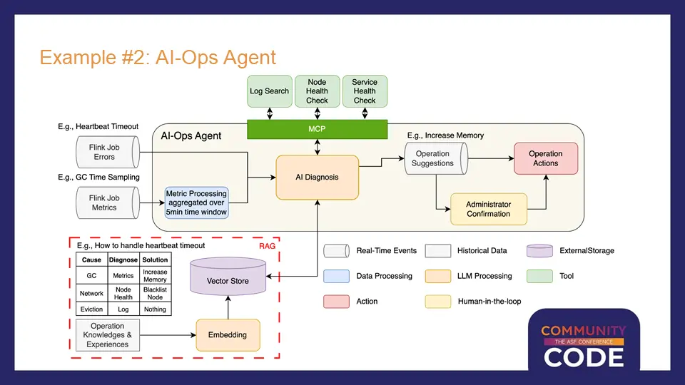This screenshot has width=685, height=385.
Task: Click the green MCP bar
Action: (317, 129)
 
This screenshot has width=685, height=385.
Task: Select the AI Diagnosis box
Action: (317, 178)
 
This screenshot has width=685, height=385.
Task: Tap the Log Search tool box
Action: (270, 91)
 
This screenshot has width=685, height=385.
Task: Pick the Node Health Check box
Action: (317, 91)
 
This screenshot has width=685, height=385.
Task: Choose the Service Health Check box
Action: (365, 91)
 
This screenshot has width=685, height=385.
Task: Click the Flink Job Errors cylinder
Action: (108, 152)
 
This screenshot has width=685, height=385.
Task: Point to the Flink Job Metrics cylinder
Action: (108, 202)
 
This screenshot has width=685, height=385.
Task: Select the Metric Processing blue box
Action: (197, 202)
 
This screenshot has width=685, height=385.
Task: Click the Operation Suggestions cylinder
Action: (436, 158)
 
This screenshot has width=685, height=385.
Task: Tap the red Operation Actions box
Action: (546, 158)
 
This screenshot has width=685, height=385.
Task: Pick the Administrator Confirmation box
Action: (488, 209)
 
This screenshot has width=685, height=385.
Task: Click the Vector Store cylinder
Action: (228, 277)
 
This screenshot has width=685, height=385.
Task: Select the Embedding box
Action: (228, 335)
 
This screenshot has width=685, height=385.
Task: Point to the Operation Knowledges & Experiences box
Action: (108, 335)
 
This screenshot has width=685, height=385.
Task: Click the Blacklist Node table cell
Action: (155, 293)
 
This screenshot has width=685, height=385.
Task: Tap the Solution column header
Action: (155, 260)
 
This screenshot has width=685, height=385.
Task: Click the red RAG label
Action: (267, 246)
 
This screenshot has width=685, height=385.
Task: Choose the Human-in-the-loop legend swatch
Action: (437, 302)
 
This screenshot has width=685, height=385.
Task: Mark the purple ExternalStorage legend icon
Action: (539, 251)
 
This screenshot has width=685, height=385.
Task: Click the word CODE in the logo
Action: (584, 357)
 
